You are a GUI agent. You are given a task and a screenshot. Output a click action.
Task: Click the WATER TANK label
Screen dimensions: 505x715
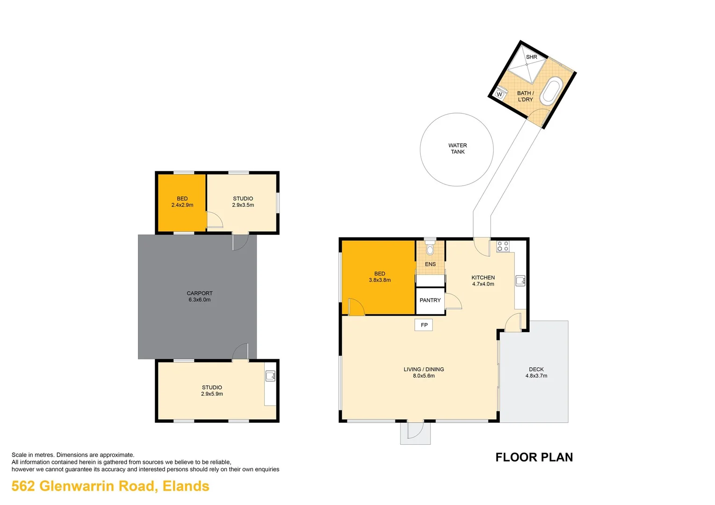coord(457,149)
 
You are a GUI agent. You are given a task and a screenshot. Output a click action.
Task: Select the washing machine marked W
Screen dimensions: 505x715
coord(499,94)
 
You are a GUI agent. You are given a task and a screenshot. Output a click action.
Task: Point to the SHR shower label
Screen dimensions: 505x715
coord(531,57)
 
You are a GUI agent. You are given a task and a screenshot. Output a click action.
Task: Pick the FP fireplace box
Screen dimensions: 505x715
coord(424,325)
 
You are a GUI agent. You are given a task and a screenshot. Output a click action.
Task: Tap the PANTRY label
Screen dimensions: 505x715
coord(430,300)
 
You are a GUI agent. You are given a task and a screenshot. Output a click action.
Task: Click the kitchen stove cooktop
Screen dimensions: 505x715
coord(503,246)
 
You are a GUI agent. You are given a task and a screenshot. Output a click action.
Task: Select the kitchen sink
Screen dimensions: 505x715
coord(520,281)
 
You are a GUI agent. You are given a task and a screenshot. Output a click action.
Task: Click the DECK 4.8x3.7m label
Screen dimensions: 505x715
coord(536,373)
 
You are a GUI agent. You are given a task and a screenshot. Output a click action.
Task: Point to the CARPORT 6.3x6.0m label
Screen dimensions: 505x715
coord(199,296)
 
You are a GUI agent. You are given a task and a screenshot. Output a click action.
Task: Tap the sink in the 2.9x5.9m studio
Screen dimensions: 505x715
coord(270,375)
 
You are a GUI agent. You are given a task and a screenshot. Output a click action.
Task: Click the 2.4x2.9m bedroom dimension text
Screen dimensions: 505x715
coord(182,205)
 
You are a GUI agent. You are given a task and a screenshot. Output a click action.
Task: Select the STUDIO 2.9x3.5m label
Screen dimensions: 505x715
coord(243,202)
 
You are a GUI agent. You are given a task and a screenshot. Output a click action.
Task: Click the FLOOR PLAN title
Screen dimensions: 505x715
coord(534,457)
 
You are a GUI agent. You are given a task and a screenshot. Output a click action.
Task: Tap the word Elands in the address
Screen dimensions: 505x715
coord(186,486)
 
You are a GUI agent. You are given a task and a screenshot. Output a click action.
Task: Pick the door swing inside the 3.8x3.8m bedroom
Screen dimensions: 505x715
coord(356,307)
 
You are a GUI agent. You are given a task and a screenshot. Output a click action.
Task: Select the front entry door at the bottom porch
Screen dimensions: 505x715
coord(415,430)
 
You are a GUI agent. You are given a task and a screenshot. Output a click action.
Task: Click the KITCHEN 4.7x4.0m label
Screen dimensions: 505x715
coord(483,281)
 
